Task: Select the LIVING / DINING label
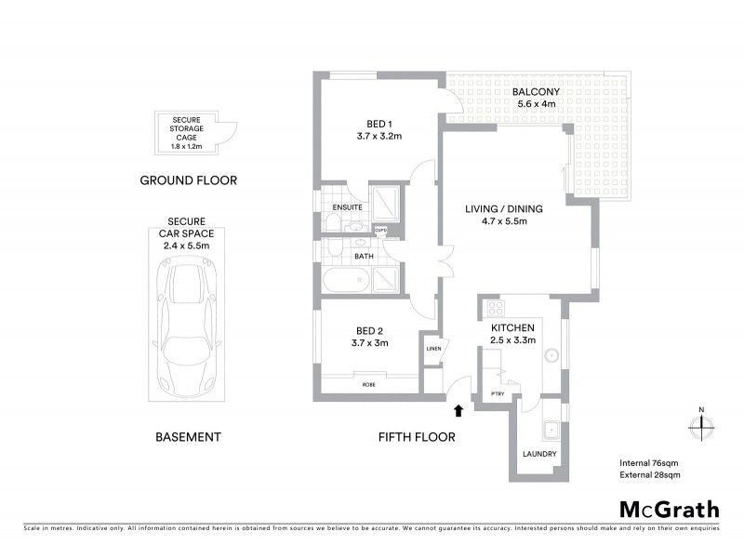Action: (503, 209)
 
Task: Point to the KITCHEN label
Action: (511, 328)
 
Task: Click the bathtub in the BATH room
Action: (347, 282)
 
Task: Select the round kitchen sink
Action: (551, 354)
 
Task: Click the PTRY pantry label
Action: (498, 394)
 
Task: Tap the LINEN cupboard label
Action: (432, 349)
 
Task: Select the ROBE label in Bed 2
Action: (370, 383)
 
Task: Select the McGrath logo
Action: (669, 509)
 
